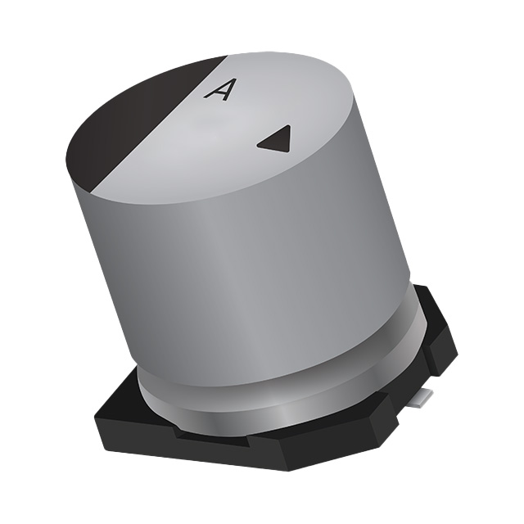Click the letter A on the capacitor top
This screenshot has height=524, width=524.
pos(217,89)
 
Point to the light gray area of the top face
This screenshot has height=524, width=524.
pos(270,98)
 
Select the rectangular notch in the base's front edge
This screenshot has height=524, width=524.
pos(205,435)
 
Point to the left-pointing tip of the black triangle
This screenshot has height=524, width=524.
pos(258,144)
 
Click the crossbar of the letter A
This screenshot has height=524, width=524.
pos(216,93)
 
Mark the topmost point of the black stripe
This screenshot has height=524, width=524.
pos(224,58)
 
